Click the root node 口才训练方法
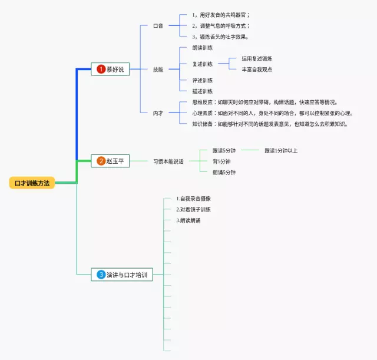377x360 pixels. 32,183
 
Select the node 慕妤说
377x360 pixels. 114,70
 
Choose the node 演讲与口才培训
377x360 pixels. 126,275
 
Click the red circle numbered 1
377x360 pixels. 101,70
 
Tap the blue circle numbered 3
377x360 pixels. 101,275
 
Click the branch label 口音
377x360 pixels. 158,26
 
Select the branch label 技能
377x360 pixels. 158,70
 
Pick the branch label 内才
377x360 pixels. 158,113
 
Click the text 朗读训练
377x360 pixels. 203,48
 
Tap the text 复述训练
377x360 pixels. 203,64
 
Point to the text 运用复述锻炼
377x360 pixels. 257,58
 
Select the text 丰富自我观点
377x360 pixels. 257,70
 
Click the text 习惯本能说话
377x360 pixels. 168,161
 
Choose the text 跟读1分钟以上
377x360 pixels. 281,150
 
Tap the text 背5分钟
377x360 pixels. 221,161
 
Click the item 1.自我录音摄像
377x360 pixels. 194,199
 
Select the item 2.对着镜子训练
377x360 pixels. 194,210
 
